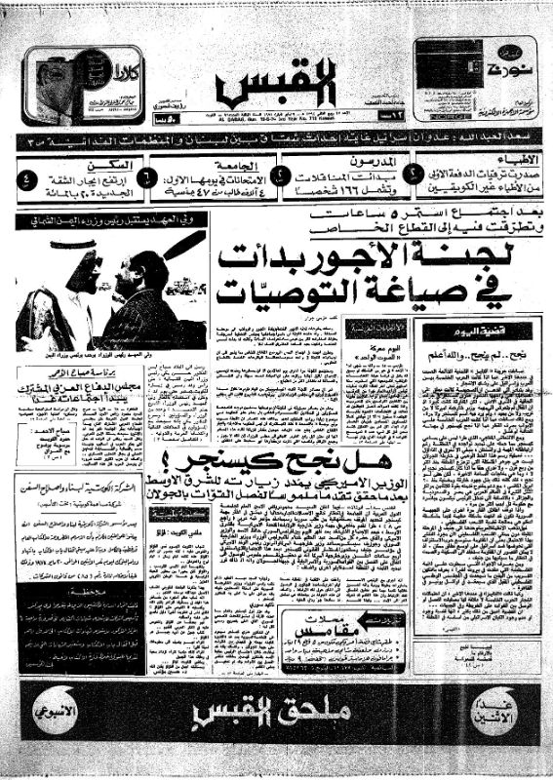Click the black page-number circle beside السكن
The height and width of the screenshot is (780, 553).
click(x=27, y=181)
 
